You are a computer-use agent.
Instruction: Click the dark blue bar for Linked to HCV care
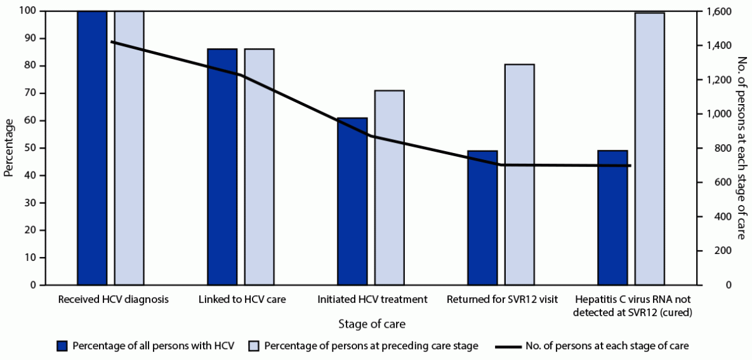(x=222, y=167)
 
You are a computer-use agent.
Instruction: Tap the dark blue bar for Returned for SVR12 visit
(x=482, y=218)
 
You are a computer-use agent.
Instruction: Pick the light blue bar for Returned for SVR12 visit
(x=520, y=175)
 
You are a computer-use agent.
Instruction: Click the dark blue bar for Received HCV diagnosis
(x=92, y=148)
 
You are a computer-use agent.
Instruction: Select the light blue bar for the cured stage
(x=650, y=149)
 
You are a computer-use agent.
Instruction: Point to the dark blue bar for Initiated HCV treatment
(x=352, y=201)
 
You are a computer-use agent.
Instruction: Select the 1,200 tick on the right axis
(x=714, y=80)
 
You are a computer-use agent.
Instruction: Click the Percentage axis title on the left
(x=8, y=148)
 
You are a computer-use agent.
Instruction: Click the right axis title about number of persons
(x=741, y=148)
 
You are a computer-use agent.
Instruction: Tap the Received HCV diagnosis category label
(x=113, y=299)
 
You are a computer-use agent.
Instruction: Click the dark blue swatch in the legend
(x=62, y=346)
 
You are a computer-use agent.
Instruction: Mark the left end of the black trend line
(x=111, y=42)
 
